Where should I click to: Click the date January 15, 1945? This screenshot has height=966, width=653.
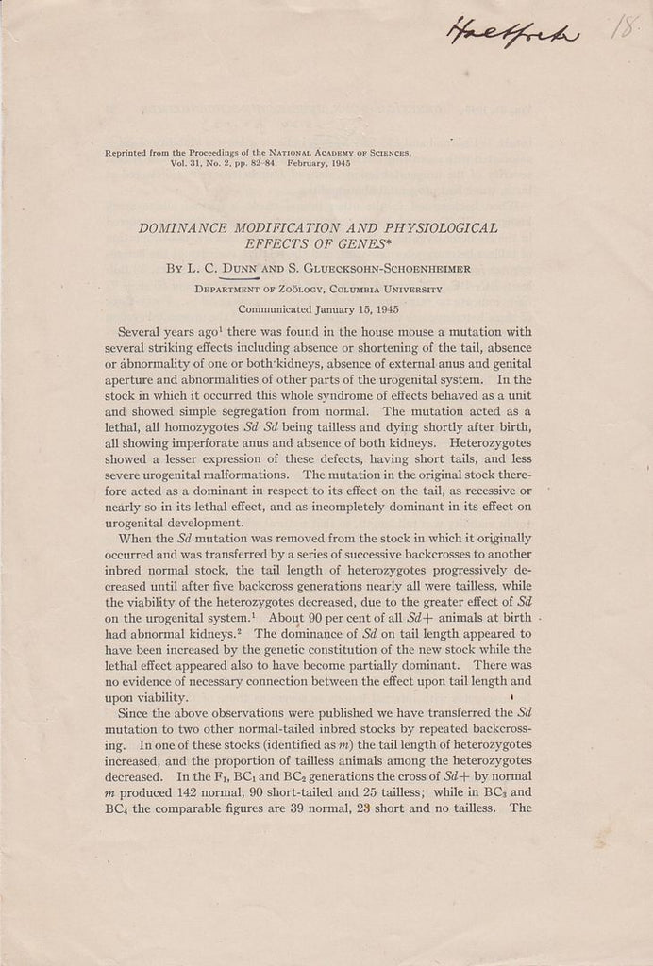click(351, 308)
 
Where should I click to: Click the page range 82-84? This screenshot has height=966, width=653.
click(256, 163)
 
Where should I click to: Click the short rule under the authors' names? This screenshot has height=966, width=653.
click(244, 279)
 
